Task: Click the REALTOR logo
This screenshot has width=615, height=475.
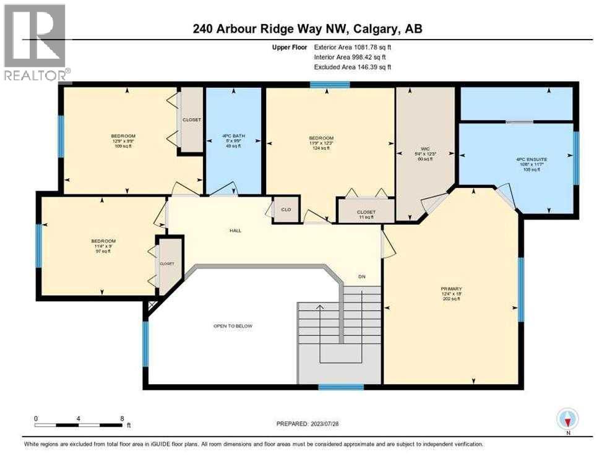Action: pos(35,42)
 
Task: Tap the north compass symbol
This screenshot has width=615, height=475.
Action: pos(567,419)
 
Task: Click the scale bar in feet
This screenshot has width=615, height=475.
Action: pos(79,425)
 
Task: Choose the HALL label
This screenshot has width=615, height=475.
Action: pos(234,231)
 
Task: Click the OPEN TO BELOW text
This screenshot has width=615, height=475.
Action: pos(232,326)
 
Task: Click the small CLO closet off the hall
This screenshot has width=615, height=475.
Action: pos(286,209)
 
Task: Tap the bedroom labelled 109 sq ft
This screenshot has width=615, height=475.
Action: pos(123,140)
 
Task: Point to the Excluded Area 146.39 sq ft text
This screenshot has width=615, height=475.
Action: pos(353,67)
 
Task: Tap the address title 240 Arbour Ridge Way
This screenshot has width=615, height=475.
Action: pos(307,28)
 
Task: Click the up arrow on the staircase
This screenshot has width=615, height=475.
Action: pos(320,307)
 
